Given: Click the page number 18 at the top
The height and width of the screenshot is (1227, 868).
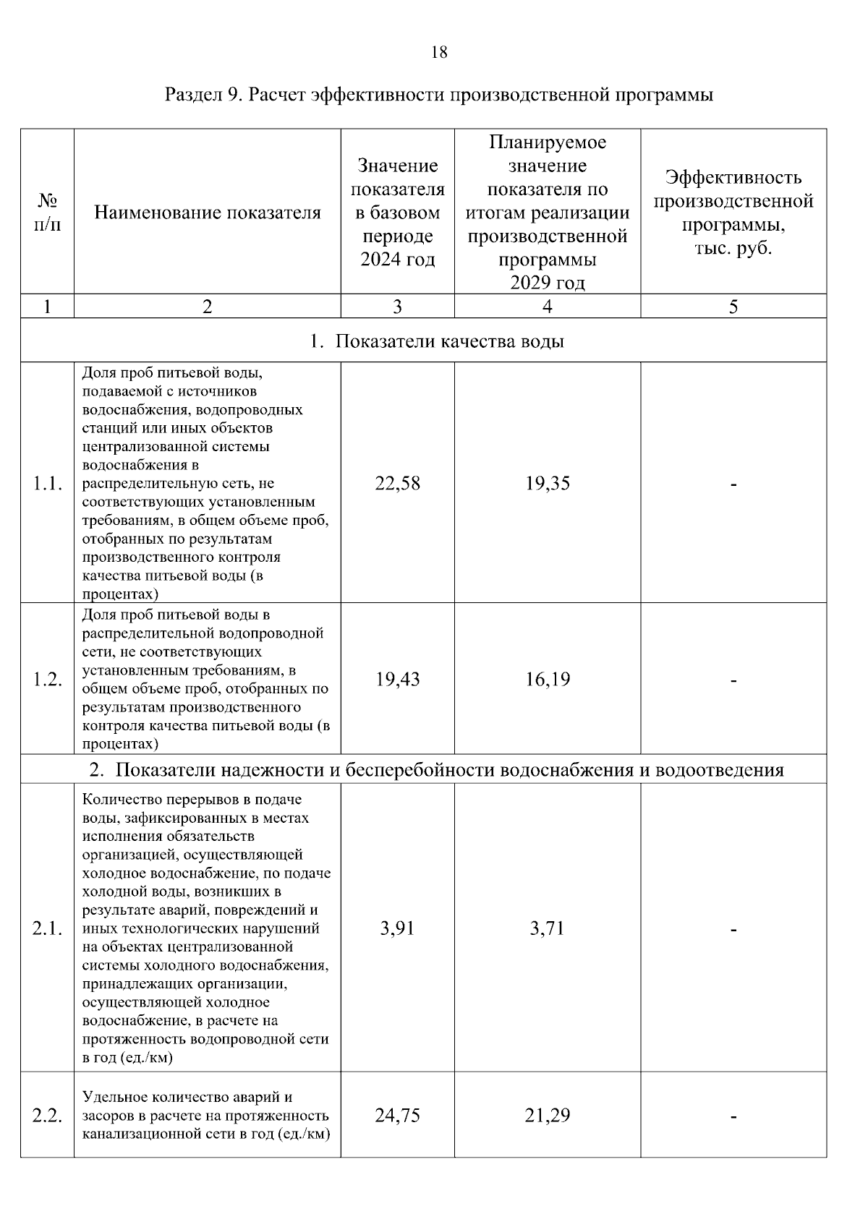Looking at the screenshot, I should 439,52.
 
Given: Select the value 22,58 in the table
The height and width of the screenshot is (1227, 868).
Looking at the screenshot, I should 397,484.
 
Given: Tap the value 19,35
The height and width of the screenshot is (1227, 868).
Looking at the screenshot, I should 548,484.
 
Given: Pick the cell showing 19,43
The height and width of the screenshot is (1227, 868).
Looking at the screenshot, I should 397,680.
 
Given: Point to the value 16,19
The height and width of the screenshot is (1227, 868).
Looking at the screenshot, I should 548,680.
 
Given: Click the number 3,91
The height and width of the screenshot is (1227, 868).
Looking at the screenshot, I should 397,928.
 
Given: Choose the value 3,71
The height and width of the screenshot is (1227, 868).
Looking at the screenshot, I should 548,928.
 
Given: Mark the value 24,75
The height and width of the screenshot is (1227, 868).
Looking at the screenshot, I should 397,1116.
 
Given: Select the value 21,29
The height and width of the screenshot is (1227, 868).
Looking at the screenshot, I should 548,1116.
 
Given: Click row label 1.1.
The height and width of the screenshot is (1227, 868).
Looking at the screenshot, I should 48,484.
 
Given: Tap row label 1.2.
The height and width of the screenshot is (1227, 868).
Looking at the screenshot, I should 48,680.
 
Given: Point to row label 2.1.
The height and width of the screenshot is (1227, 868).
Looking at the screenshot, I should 48,928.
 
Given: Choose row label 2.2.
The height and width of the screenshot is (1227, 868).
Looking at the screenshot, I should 48,1116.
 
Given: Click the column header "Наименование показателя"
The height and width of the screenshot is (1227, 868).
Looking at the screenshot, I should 208,213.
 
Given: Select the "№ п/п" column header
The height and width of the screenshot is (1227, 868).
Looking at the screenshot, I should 48,212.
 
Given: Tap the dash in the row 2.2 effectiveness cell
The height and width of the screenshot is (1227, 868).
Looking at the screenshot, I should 733,1117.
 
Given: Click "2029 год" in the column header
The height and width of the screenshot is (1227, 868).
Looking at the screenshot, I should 548,283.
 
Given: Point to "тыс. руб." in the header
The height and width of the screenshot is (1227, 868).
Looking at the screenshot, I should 733,248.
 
